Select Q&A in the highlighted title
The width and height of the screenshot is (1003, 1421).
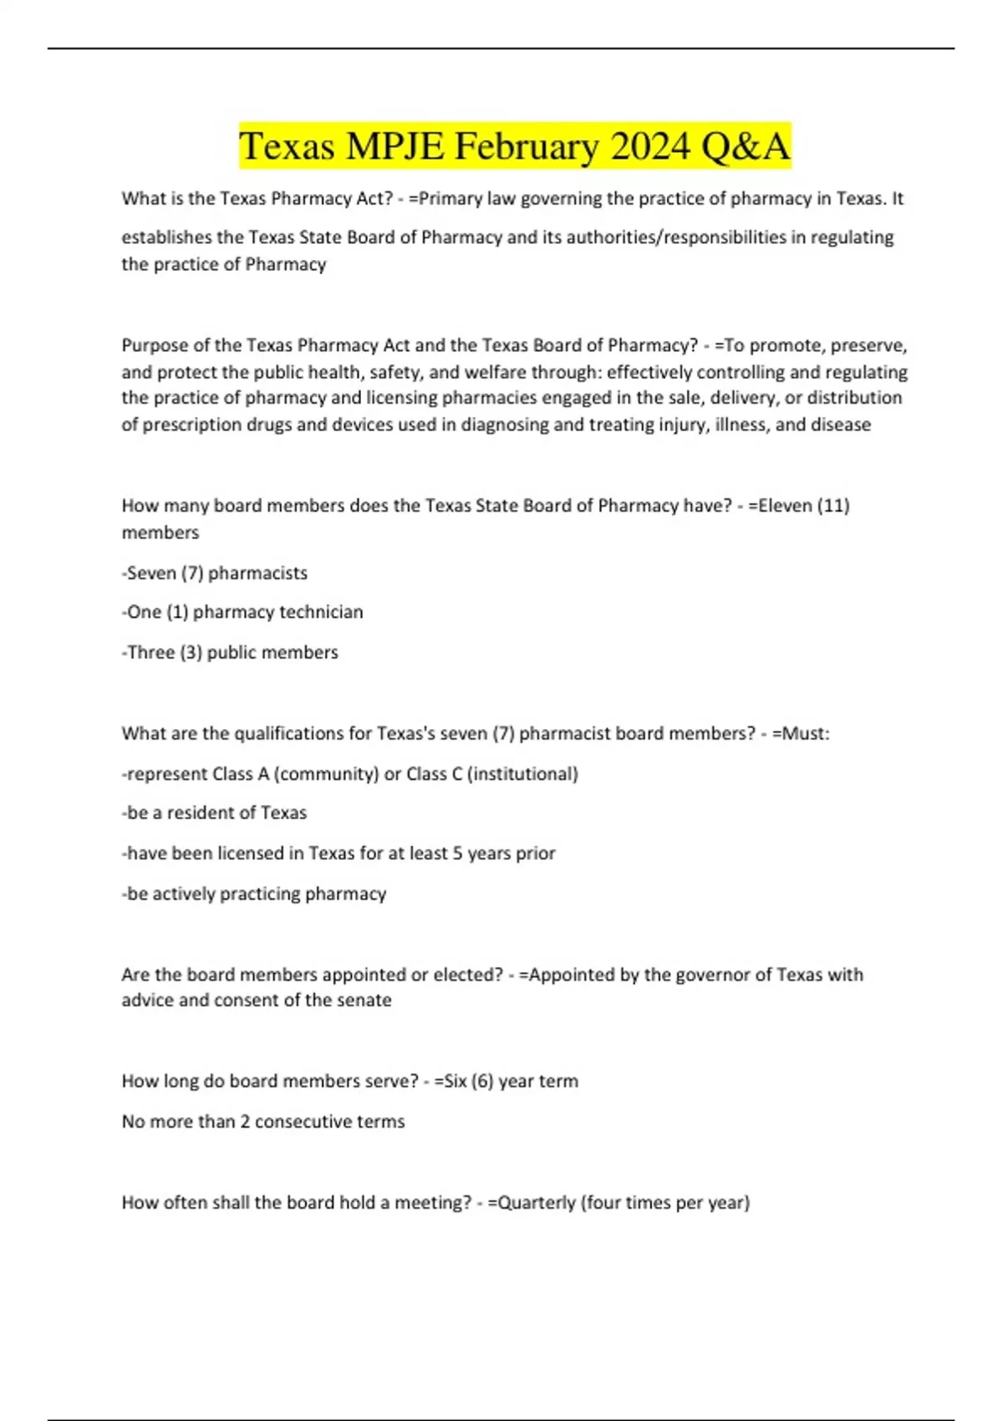point(745,146)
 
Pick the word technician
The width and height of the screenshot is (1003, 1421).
point(321,612)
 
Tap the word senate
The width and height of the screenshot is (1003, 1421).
point(364,1001)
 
